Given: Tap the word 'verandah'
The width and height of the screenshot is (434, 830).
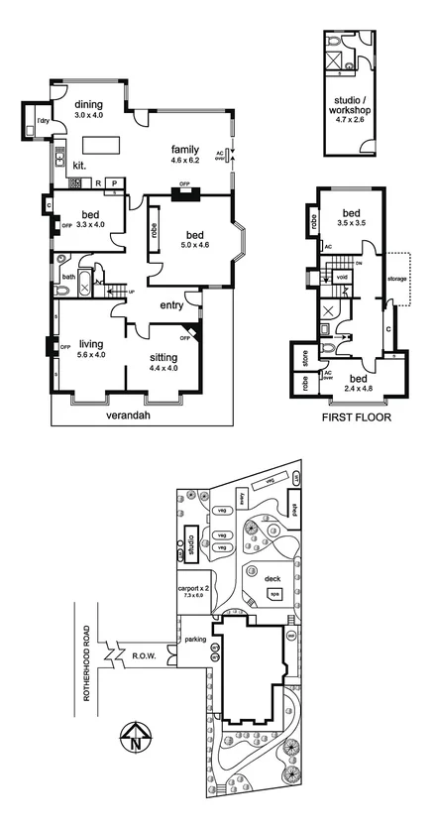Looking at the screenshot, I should pos(132,416).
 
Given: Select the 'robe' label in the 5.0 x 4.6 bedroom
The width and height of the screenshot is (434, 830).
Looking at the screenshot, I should pos(155,227).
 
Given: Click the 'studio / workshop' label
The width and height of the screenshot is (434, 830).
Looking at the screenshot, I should pos(353,105).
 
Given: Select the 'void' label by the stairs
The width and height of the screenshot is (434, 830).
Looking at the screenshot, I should pos(342,277).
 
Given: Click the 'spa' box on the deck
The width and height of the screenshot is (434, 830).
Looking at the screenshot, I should pos(273,595).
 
